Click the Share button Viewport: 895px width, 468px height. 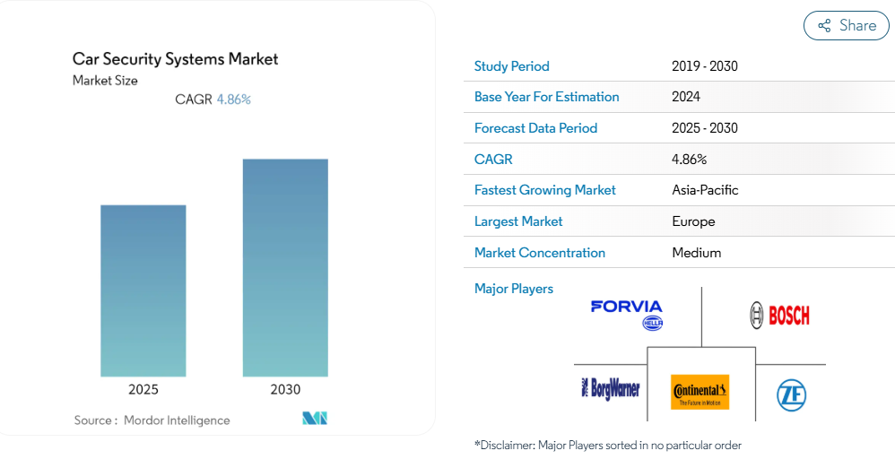(x=846, y=26)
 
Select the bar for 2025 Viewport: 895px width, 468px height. (x=143, y=290)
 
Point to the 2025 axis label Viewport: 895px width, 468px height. (x=143, y=389)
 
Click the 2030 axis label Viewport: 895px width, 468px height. (x=285, y=389)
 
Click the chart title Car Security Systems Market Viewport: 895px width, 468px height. (x=176, y=59)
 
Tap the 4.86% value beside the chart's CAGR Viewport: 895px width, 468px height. (x=234, y=100)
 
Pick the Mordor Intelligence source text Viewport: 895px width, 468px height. (x=177, y=420)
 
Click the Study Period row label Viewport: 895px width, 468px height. (x=511, y=66)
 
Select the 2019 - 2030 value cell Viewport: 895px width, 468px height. (x=704, y=66)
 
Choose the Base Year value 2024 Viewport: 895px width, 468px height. (x=685, y=97)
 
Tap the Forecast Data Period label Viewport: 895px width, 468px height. (x=535, y=128)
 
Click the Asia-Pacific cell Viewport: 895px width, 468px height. (x=705, y=190)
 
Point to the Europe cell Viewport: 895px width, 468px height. (x=693, y=221)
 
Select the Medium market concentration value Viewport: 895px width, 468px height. (x=696, y=253)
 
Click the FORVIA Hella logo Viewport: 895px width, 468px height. (x=627, y=314)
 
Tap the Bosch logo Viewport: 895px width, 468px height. (x=779, y=315)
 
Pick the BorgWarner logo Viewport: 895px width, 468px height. (x=611, y=388)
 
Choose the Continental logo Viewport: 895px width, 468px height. (x=699, y=392)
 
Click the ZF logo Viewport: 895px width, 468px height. (x=791, y=394)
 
